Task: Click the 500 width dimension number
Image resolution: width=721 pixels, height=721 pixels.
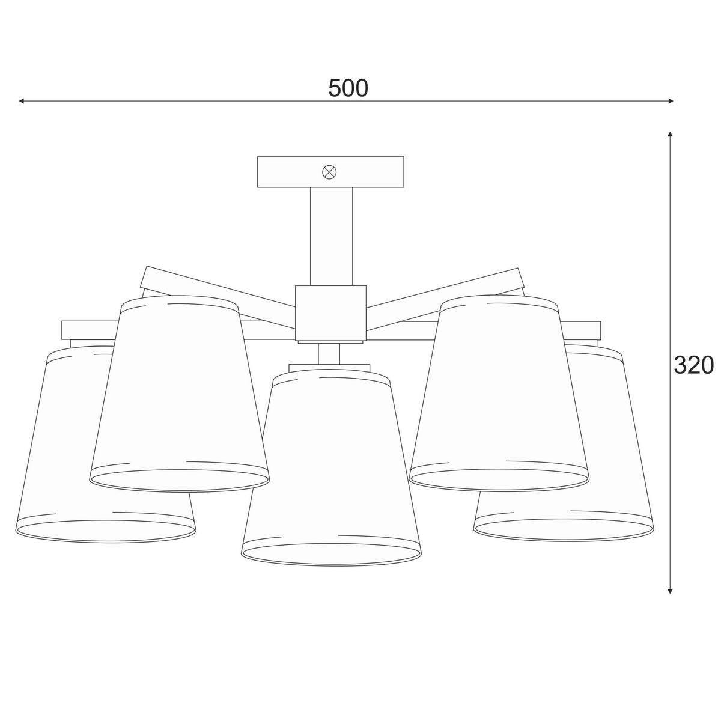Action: (x=348, y=88)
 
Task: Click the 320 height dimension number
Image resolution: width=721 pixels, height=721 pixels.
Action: (x=693, y=365)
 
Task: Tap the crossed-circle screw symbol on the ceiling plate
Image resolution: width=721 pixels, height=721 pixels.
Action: (x=329, y=172)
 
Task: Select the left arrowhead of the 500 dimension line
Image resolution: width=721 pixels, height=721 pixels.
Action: (x=22, y=101)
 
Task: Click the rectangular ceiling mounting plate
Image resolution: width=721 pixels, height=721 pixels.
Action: (x=330, y=172)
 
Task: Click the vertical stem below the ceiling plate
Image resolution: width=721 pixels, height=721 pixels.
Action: (x=331, y=236)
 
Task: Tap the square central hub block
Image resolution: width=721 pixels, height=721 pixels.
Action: (x=330, y=313)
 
